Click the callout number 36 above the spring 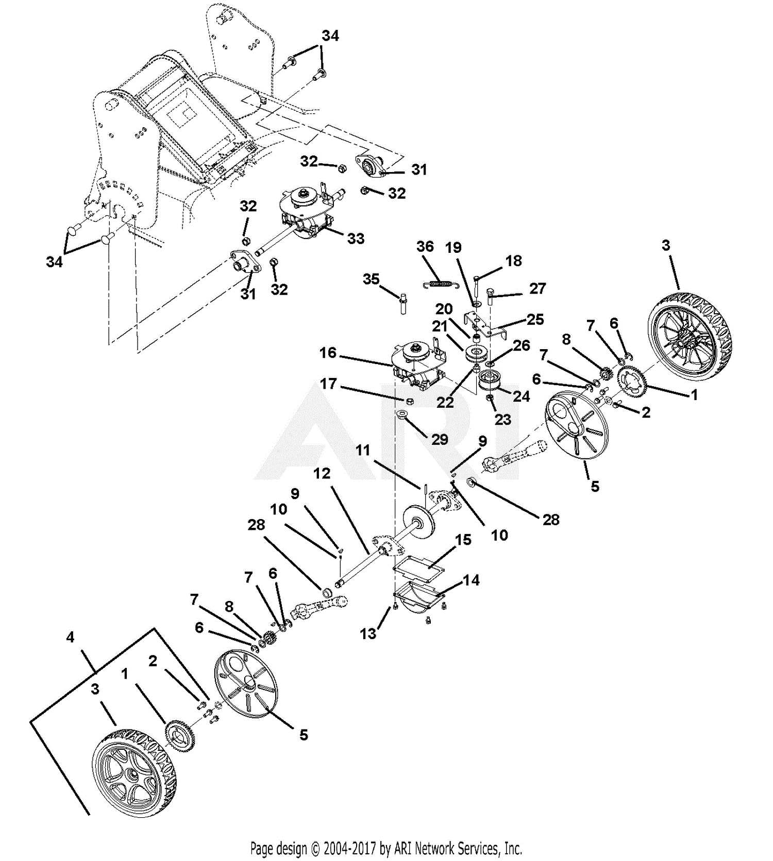tap(425, 247)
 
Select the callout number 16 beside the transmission tap(328, 353)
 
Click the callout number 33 tap(356, 238)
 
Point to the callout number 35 tap(371, 279)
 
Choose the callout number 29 tap(440, 439)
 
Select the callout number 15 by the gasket tap(463, 540)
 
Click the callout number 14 tap(471, 580)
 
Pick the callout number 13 tap(368, 634)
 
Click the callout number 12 tap(322, 473)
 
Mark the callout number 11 tap(363, 451)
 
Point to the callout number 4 tap(70, 638)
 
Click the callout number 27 tap(537, 288)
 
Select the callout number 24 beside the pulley tap(521, 396)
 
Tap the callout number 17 tap(328, 384)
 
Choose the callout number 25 tap(535, 319)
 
